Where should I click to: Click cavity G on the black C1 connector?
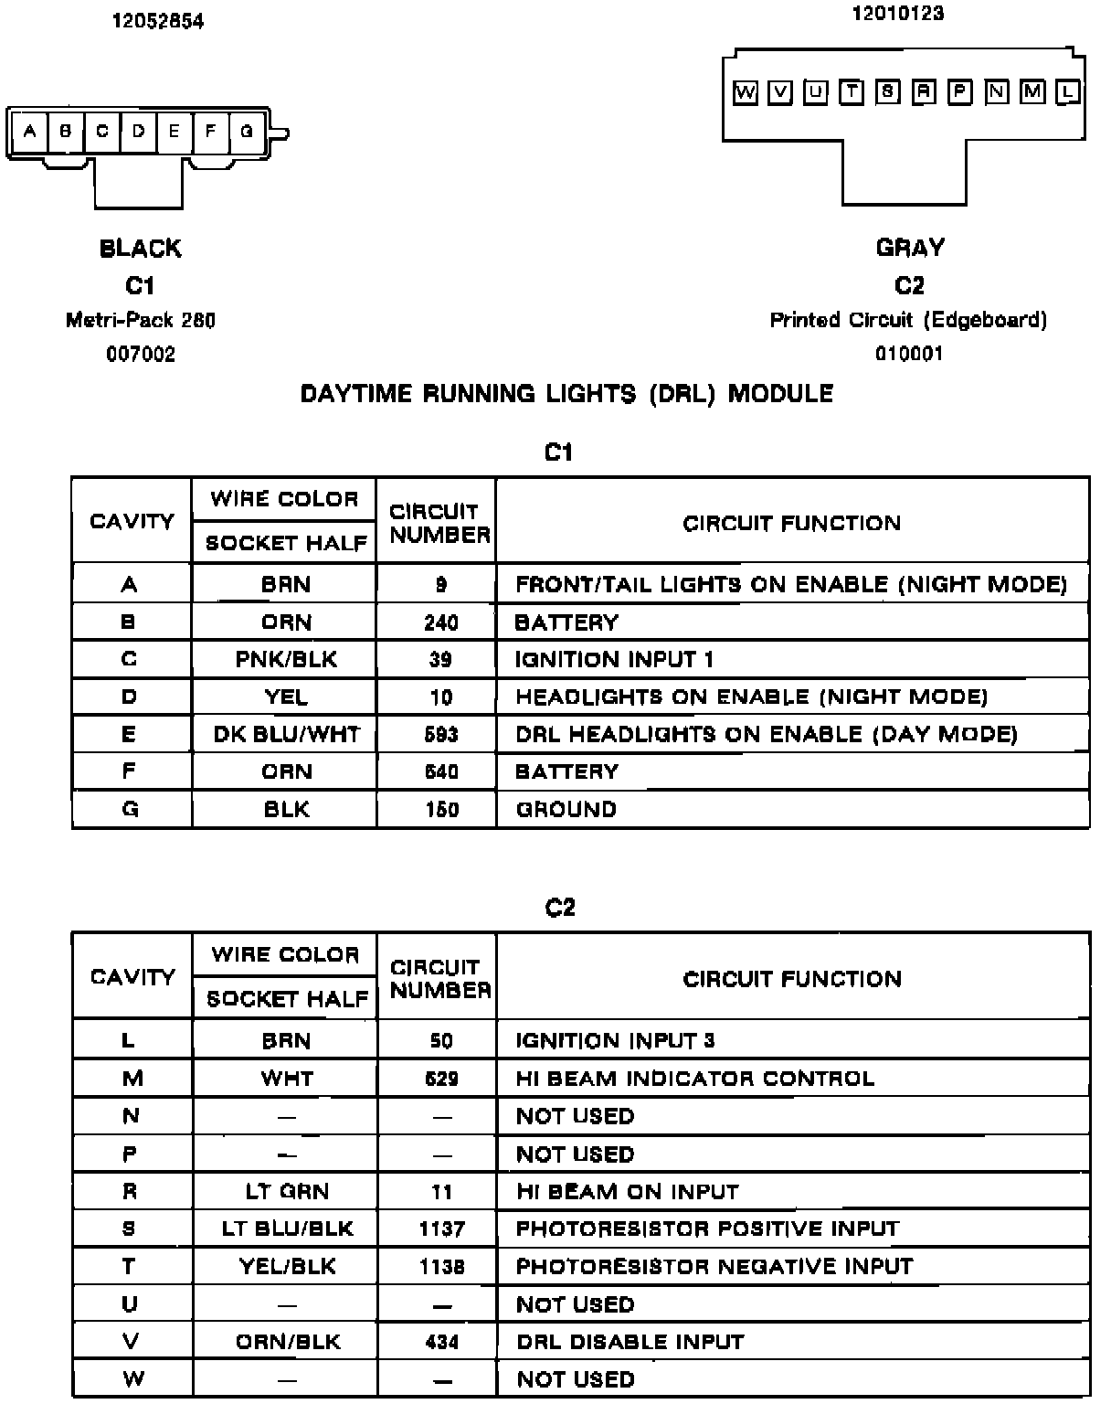coord(247,132)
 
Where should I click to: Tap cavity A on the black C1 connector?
coord(29,132)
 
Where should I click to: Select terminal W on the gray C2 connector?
coord(746,92)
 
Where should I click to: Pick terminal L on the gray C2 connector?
coord(1068,92)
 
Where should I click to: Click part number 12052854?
coord(158,21)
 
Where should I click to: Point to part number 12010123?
coord(897,14)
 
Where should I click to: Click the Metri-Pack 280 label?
coord(141,321)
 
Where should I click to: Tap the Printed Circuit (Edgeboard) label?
coord(908,320)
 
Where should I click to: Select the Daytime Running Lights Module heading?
coord(566,394)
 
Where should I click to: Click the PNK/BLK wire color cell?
coord(286,660)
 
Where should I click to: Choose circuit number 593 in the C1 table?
coord(441,735)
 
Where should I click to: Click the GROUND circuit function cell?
coord(566,810)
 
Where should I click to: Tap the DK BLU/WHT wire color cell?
coord(286,735)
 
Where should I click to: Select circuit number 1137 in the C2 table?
coord(441,1229)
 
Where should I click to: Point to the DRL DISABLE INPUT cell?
coord(630,1342)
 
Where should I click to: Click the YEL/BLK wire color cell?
coord(287,1267)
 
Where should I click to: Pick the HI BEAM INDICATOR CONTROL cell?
coord(694,1079)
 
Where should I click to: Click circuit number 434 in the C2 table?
coord(441,1342)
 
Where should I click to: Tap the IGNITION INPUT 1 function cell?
coord(614,660)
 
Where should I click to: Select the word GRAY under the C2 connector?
coord(910,248)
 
